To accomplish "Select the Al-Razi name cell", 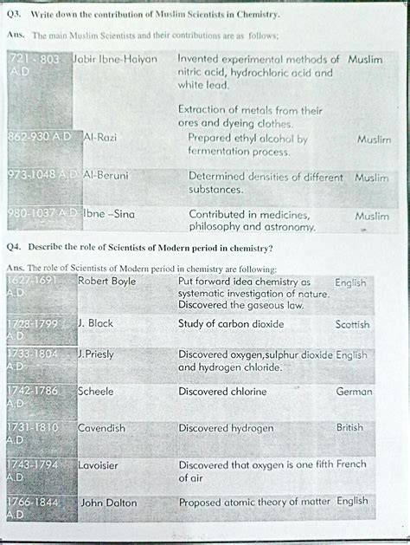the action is (x=100, y=138).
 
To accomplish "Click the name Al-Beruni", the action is (x=106, y=175).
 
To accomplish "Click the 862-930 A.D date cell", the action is (x=39, y=138).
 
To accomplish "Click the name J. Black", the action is (x=95, y=323).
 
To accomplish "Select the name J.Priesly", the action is (x=98, y=354).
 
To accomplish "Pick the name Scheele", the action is (x=96, y=391).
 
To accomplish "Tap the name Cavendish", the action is (x=101, y=428).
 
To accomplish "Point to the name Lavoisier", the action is (x=98, y=465).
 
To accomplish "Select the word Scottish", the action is (x=352, y=324).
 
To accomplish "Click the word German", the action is (x=354, y=392).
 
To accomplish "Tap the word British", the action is (x=349, y=428).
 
